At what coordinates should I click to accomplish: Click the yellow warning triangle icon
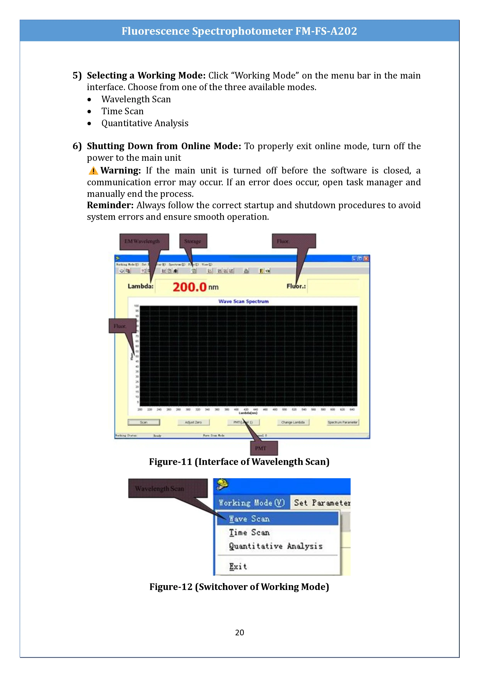(93, 171)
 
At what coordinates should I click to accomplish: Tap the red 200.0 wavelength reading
(189, 287)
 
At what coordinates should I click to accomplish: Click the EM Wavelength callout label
(144, 241)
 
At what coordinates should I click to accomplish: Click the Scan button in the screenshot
(144, 422)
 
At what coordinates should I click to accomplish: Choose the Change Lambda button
(293, 422)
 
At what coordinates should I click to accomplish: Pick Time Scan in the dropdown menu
(249, 532)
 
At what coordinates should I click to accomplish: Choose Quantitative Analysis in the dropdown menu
(276, 546)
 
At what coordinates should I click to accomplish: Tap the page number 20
(239, 632)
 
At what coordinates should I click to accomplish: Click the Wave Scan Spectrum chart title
(243, 301)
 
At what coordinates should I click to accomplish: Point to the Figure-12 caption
(239, 587)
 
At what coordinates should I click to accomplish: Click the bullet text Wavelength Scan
(136, 99)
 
